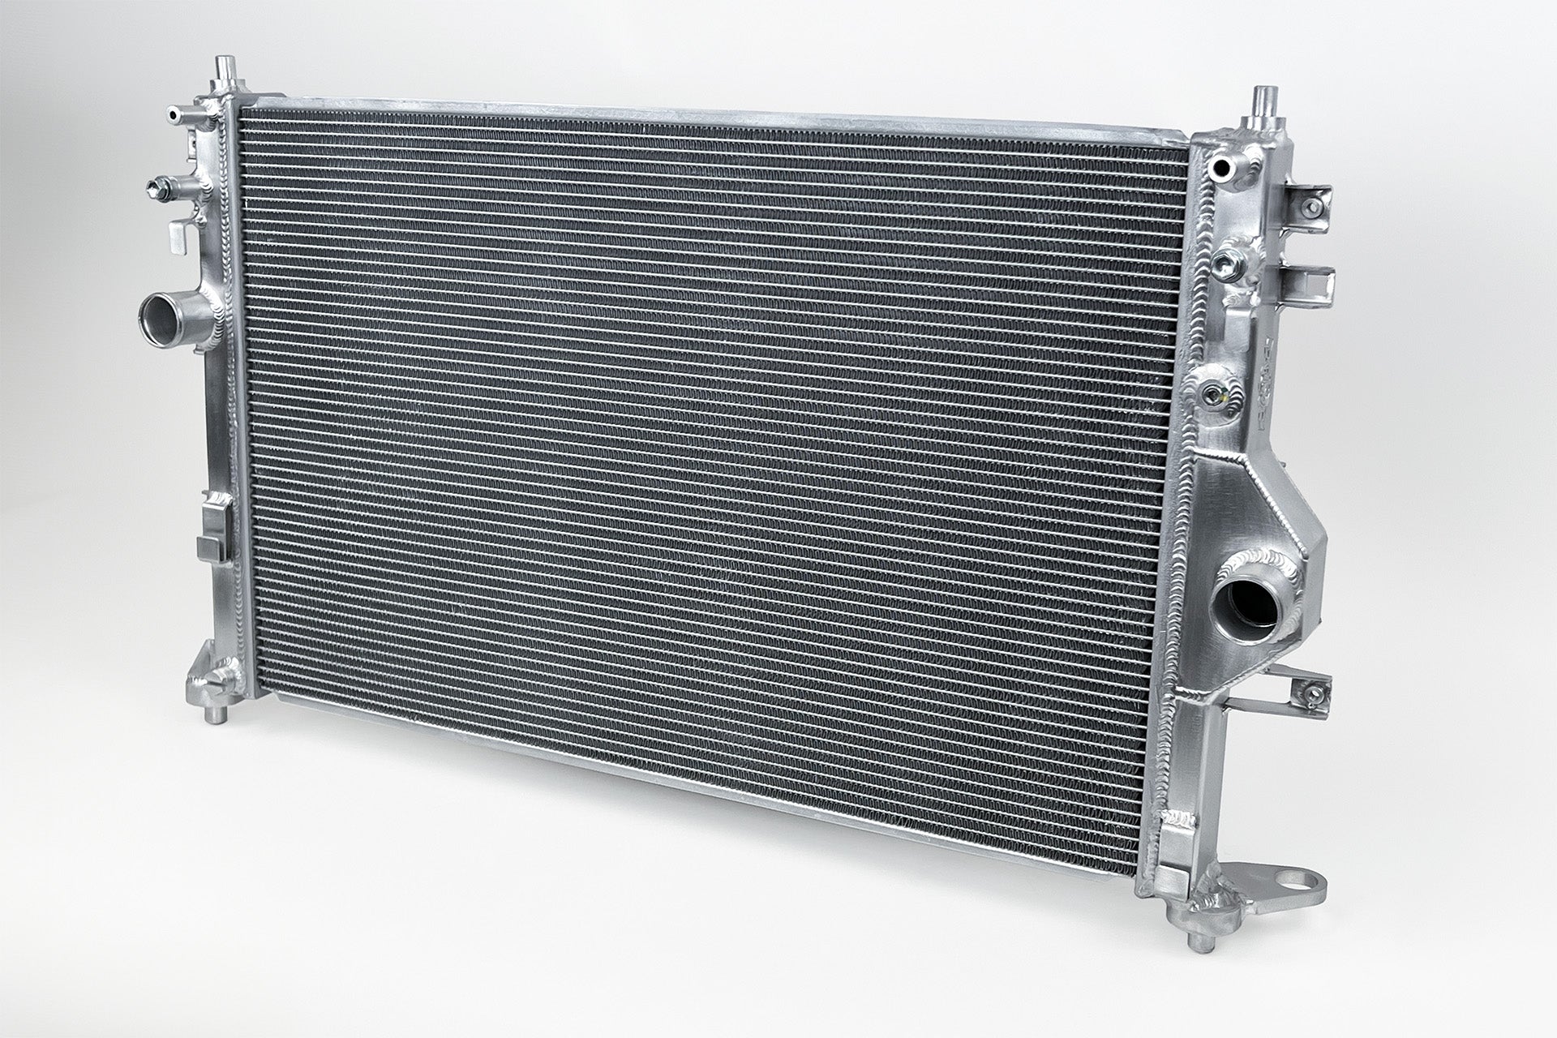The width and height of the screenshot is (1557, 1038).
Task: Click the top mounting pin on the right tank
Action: (1263, 101)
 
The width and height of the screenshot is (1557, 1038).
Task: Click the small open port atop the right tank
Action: (1219, 168)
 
